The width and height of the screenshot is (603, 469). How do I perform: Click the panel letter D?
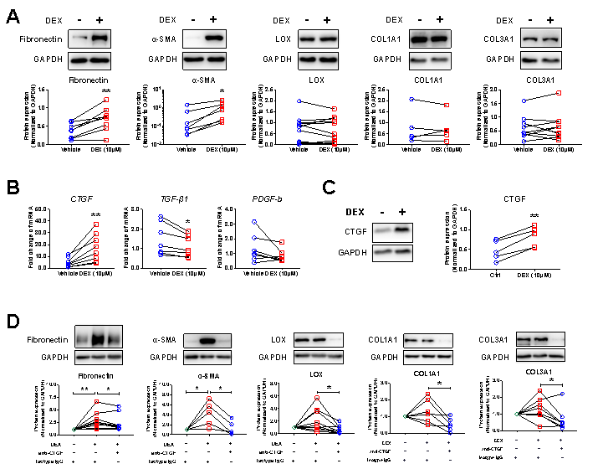pyautogui.click(x=13, y=322)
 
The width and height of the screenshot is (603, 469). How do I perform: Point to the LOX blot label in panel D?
pyautogui.click(x=281, y=340)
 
